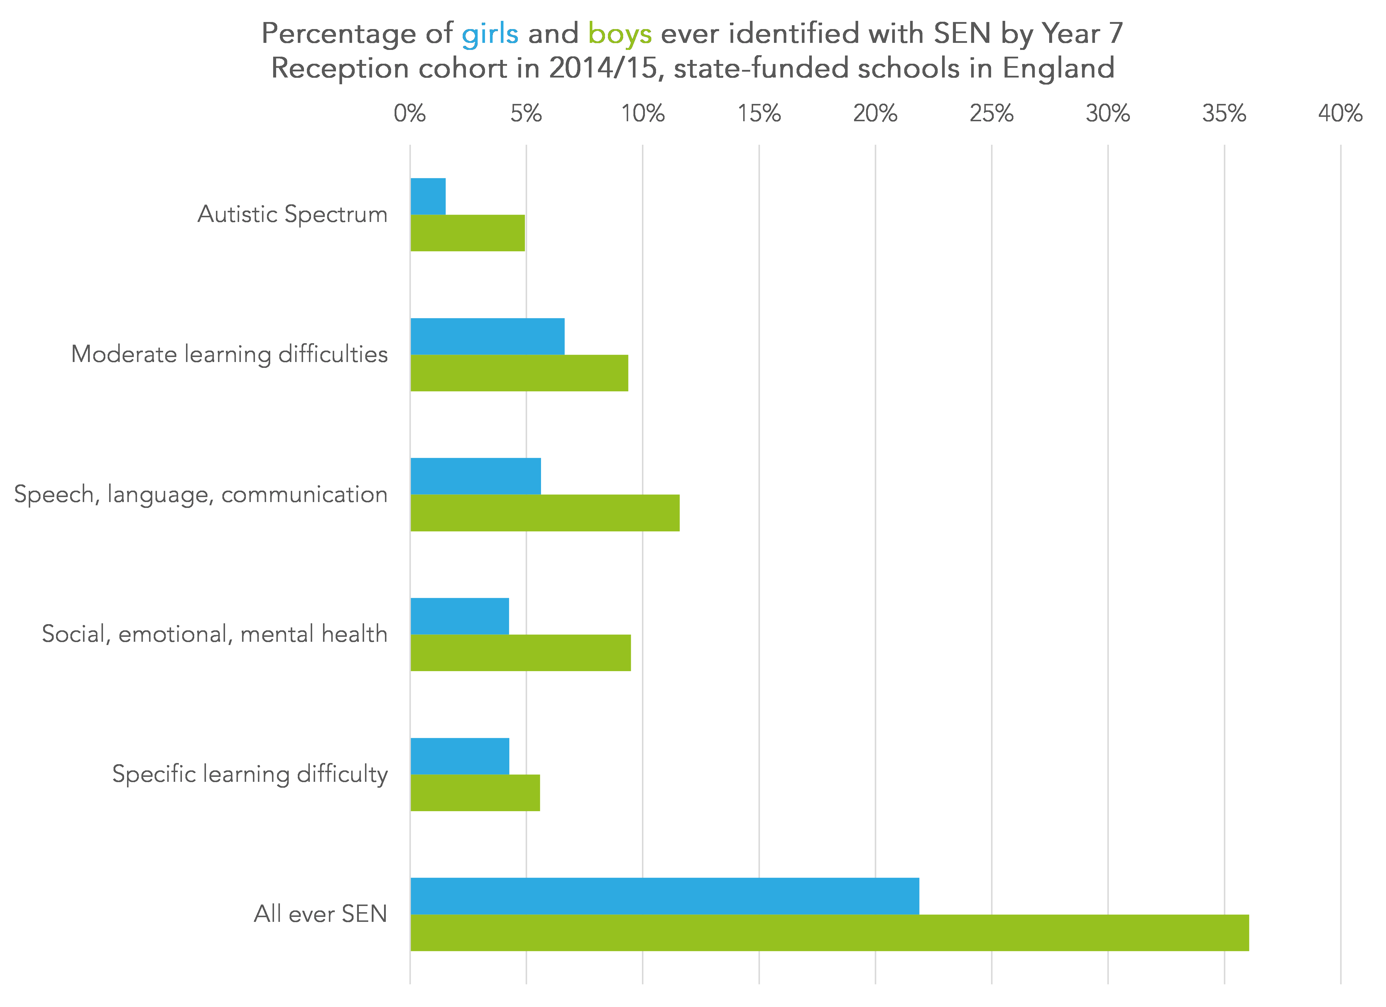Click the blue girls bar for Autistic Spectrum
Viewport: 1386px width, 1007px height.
pyautogui.click(x=428, y=196)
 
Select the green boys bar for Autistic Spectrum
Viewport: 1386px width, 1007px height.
pyautogui.click(x=467, y=233)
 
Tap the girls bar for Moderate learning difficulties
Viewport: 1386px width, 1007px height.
pyautogui.click(x=487, y=336)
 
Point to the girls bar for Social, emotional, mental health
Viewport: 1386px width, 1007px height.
pyautogui.click(x=459, y=616)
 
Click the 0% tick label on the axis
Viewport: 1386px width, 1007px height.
pyautogui.click(x=410, y=114)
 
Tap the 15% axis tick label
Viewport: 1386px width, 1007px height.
pyautogui.click(x=759, y=114)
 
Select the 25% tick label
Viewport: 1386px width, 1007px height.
pyautogui.click(x=991, y=114)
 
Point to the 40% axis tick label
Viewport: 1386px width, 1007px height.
pyautogui.click(x=1340, y=114)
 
